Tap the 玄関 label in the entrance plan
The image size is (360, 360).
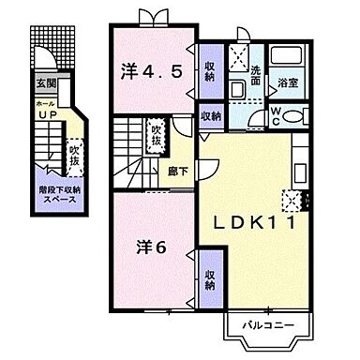point(46,83)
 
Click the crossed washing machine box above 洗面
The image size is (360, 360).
point(238,55)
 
